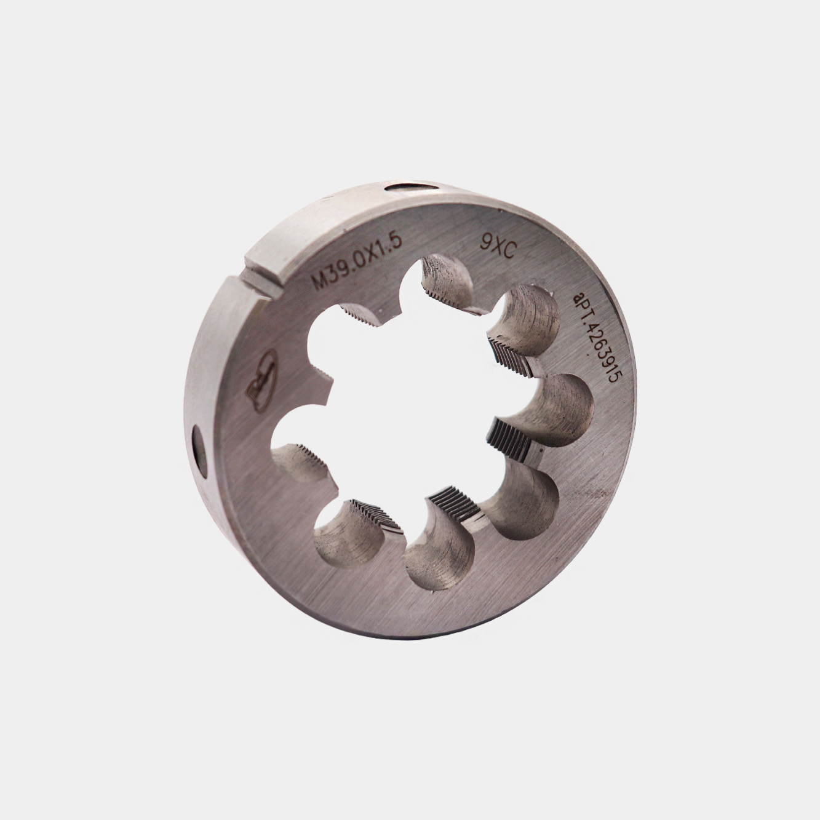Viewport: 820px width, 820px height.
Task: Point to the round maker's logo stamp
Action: click(x=261, y=380)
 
